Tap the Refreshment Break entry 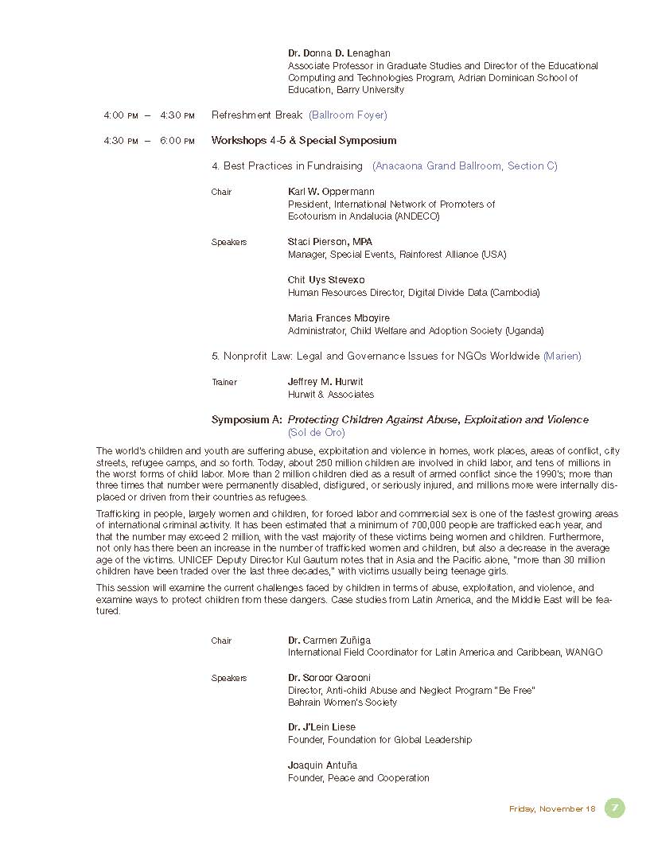[x=257, y=115]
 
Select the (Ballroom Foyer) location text [x=348, y=115]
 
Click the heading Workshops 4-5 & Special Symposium [x=303, y=141]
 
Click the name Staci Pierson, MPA [x=329, y=242]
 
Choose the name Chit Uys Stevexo [x=326, y=280]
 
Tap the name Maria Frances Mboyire [x=338, y=318]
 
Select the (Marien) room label [x=562, y=356]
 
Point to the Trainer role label [x=224, y=383]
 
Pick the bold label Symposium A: [x=247, y=420]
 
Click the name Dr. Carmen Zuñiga [x=329, y=640]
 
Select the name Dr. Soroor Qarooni [x=329, y=678]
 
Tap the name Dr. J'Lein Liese [x=321, y=727]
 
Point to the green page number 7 [x=614, y=808]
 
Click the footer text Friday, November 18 [x=551, y=809]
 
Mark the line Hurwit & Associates [x=330, y=395]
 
